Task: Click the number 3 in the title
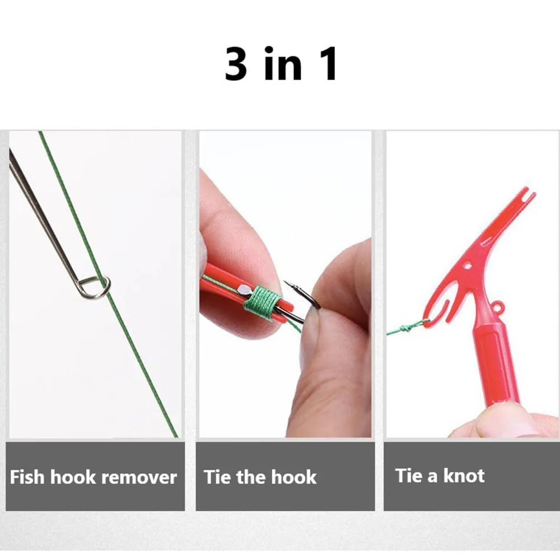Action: click(x=236, y=64)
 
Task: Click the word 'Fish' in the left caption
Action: click(x=27, y=477)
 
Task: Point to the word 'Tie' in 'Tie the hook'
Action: click(x=217, y=477)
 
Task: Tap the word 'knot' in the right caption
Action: click(x=464, y=475)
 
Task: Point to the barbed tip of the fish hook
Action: click(x=290, y=284)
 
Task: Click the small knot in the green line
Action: click(x=405, y=328)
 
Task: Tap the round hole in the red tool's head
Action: click(x=467, y=265)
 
